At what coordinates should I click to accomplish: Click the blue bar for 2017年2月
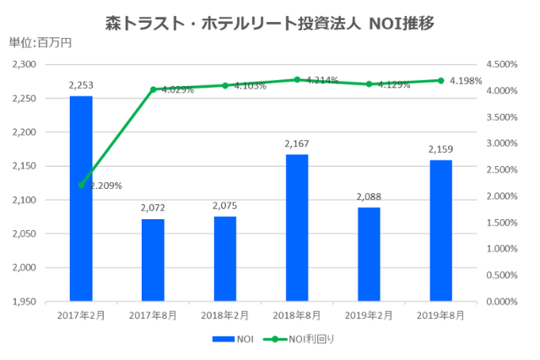coord(81,198)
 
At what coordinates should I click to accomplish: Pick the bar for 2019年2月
coord(369,254)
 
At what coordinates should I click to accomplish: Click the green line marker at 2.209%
coord(81,185)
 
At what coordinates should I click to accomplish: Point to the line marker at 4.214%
coord(297,79)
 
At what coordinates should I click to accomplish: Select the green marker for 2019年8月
coord(440,80)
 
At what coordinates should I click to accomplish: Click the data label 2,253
coord(81,86)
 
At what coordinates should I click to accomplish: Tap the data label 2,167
coord(297,144)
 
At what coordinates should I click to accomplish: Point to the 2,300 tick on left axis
coord(24,64)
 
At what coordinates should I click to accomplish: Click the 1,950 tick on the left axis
coord(24,301)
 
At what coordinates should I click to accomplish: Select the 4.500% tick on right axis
coord(502,64)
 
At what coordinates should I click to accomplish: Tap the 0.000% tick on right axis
coord(502,301)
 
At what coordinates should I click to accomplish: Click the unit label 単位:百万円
coord(40,42)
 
